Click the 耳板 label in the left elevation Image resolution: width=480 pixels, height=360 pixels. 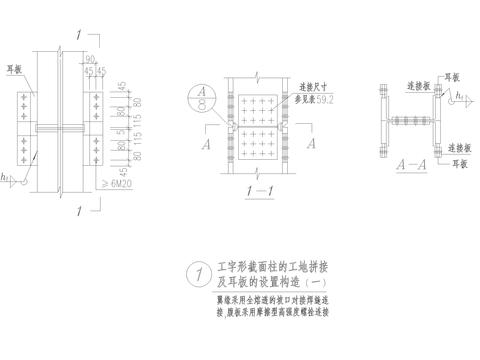[15, 70]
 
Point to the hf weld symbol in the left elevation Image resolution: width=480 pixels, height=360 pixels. [7, 178]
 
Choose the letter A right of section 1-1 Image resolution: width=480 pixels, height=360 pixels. [311, 143]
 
